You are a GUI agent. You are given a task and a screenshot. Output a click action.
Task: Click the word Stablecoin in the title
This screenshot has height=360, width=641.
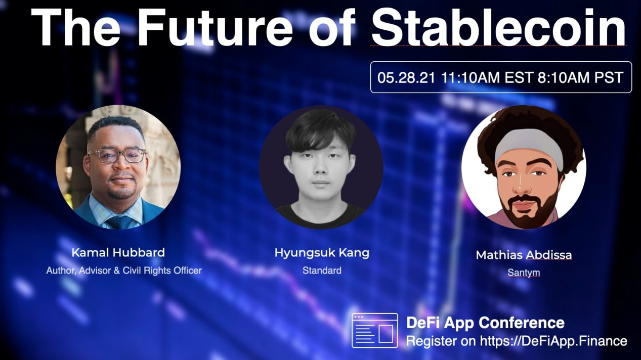pyautogui.click(x=498, y=27)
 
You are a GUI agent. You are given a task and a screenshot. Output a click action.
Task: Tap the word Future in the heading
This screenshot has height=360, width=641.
pyautogui.click(x=215, y=27)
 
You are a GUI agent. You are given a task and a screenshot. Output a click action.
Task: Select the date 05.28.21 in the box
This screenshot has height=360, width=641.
pyautogui.click(x=406, y=77)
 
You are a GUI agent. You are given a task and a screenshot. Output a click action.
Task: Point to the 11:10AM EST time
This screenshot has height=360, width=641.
pyautogui.click(x=487, y=77)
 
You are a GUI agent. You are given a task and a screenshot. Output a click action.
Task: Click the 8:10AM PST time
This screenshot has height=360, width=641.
pyautogui.click(x=580, y=77)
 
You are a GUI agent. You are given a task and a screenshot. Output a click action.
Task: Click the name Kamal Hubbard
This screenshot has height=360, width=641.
pyautogui.click(x=118, y=253)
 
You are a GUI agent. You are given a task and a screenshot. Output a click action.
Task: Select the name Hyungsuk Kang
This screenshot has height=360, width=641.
pyautogui.click(x=322, y=253)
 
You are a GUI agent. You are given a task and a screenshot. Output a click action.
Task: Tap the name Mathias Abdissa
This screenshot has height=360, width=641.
pyautogui.click(x=524, y=255)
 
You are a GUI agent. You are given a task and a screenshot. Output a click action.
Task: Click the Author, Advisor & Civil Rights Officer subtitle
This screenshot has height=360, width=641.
pyautogui.click(x=124, y=271)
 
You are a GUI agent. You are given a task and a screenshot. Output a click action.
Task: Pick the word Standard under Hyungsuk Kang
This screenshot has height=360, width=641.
pyautogui.click(x=322, y=271)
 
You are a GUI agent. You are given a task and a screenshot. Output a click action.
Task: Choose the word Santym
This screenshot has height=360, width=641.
pyautogui.click(x=524, y=273)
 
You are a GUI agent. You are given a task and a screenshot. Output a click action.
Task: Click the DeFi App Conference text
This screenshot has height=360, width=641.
pyautogui.click(x=485, y=323)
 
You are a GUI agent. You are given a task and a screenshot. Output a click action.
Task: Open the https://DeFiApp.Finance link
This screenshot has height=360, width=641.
pyautogui.click(x=553, y=341)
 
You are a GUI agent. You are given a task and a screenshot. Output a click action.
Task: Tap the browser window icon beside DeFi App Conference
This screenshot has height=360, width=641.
pyautogui.click(x=375, y=331)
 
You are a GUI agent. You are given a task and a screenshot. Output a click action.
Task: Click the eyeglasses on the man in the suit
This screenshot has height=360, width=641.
pyautogui.click(x=117, y=156)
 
